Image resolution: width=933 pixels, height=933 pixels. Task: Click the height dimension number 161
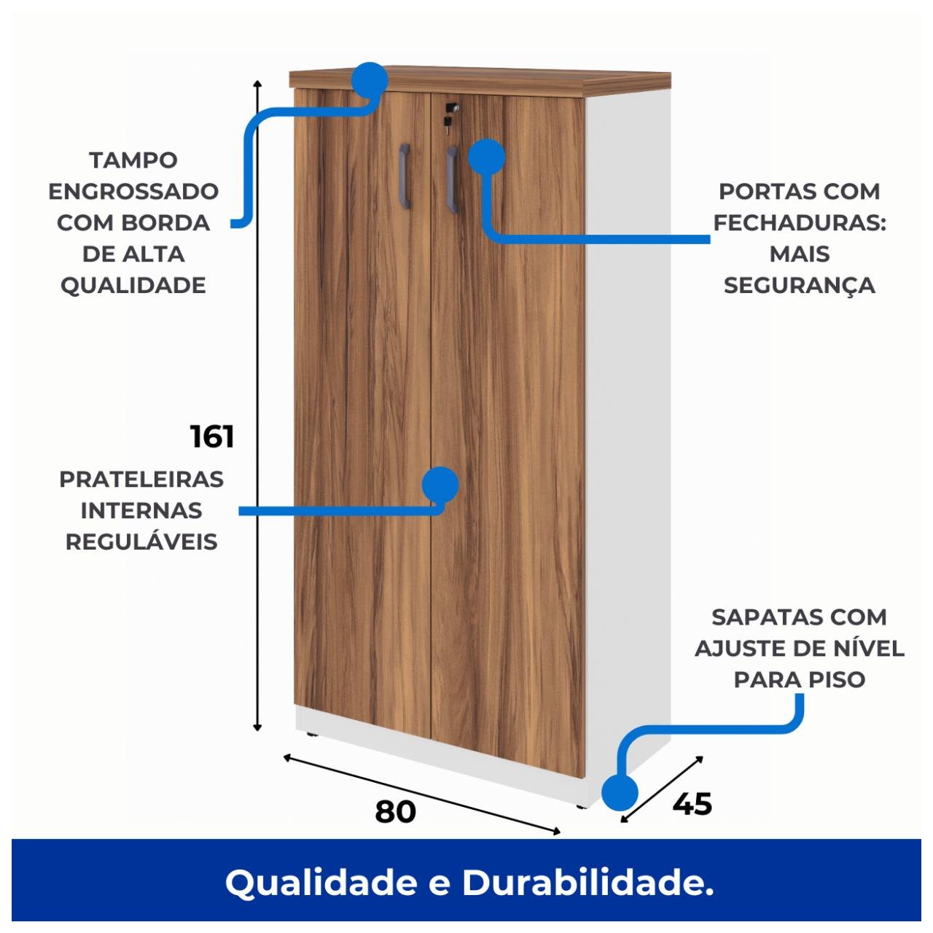click(212, 437)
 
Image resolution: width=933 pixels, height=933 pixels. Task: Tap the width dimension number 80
click(396, 811)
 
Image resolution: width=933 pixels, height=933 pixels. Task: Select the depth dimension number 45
click(692, 803)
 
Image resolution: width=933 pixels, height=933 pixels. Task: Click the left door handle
click(405, 175)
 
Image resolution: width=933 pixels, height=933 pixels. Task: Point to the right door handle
click(452, 179)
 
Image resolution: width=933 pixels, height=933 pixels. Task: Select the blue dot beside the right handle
click(486, 156)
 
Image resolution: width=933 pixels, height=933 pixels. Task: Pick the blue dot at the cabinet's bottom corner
click(620, 792)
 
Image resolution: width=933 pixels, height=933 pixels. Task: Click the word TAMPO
click(133, 160)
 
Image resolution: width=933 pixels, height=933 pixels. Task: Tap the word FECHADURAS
click(799, 223)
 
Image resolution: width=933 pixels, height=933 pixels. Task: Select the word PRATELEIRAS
click(141, 480)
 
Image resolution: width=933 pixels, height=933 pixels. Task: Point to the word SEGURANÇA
click(799, 286)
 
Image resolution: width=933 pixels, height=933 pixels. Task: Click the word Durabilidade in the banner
click(587, 883)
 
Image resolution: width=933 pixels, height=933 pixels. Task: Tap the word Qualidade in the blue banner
click(320, 883)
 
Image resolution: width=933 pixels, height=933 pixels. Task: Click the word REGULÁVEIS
click(141, 542)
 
